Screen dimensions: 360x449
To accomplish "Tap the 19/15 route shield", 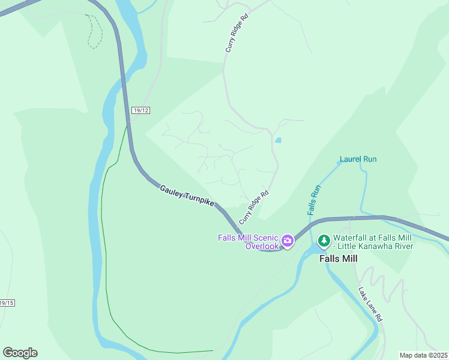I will pos(7,303).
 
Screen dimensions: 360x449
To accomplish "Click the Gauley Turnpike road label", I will pos(187,196).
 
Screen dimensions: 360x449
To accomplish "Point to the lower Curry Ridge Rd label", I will pos(254,207).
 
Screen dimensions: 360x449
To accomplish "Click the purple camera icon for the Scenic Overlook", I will pos(288,241).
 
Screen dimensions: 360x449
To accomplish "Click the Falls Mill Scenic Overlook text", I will pos(249,242).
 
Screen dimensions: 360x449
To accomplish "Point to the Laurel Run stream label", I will pos(358,159).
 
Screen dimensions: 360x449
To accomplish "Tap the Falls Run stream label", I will pos(314,200).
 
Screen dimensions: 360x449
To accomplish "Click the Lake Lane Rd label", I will pos(370,305).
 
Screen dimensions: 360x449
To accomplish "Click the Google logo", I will pos(20,353).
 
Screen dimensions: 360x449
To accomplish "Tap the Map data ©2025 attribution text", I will pos(424,355).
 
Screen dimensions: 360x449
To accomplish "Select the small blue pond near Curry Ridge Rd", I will pos(278,140).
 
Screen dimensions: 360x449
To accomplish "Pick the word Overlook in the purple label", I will pos(262,246).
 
